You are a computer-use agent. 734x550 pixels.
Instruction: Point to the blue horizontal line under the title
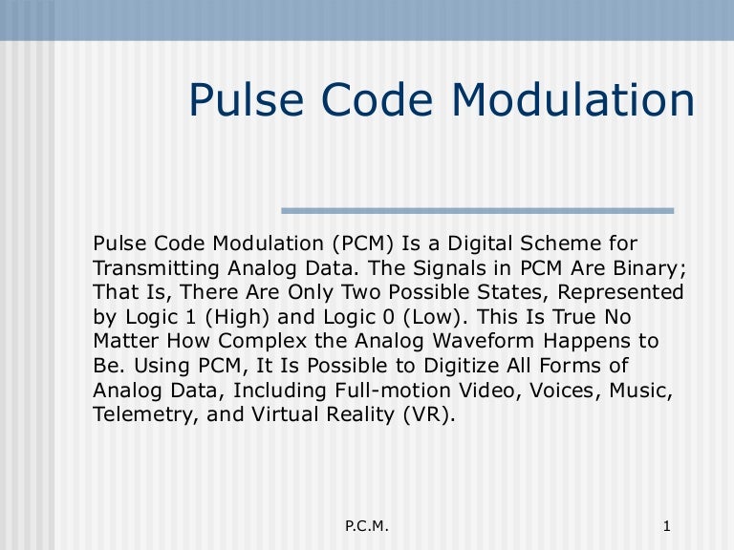[477, 210]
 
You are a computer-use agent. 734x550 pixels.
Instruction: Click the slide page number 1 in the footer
[666, 527]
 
